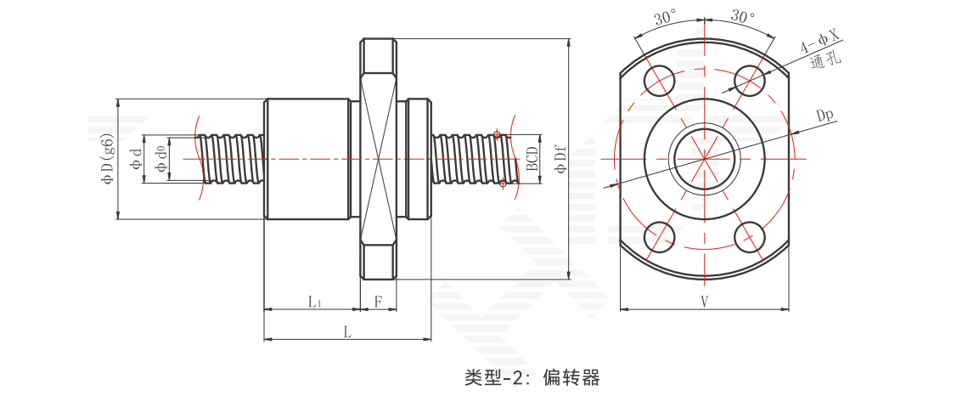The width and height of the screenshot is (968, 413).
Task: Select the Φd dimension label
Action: coord(136,159)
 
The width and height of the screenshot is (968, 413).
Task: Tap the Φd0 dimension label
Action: coord(160,159)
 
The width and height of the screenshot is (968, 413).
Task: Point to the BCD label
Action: coord(532,159)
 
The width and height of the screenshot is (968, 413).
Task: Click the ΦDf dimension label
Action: coord(560,159)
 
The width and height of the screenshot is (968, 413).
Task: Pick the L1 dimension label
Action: coord(314,301)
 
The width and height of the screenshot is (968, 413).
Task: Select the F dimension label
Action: coord(379,301)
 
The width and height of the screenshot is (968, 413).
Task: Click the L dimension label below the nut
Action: coord(347,332)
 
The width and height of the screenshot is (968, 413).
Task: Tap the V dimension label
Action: coord(705,301)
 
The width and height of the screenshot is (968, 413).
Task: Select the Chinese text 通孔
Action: coord(825,61)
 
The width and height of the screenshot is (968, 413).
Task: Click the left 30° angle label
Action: coord(666,19)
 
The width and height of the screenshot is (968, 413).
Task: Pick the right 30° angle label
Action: coord(743,17)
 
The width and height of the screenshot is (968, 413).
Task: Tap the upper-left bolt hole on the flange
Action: coord(659,81)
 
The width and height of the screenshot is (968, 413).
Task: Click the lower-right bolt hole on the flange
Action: coord(750,237)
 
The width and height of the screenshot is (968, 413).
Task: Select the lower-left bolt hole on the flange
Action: coord(659,237)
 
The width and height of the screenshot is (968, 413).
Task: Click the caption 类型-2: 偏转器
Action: coord(532,377)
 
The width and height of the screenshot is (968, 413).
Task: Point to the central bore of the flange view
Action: coord(705,159)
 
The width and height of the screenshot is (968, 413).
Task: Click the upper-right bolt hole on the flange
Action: coord(750,81)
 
